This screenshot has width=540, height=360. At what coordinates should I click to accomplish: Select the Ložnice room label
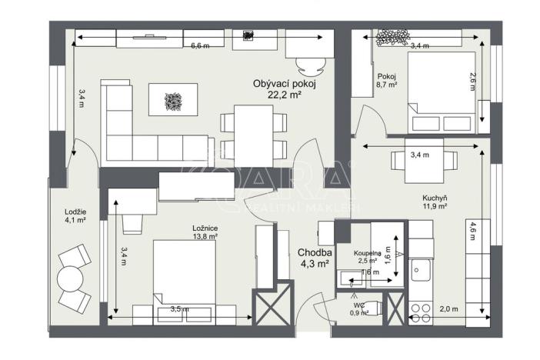(x=204, y=228)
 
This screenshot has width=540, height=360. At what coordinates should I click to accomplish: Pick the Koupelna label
(x=369, y=252)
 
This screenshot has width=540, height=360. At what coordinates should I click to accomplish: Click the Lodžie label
(x=75, y=212)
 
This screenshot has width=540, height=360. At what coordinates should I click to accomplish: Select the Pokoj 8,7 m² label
(x=386, y=81)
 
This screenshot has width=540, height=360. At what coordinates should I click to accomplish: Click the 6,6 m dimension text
(x=200, y=45)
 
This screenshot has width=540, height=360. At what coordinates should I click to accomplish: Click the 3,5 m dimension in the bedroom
(x=180, y=309)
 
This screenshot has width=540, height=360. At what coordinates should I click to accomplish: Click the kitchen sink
(x=420, y=270)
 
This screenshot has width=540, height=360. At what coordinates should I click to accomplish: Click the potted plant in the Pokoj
(x=392, y=36)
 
